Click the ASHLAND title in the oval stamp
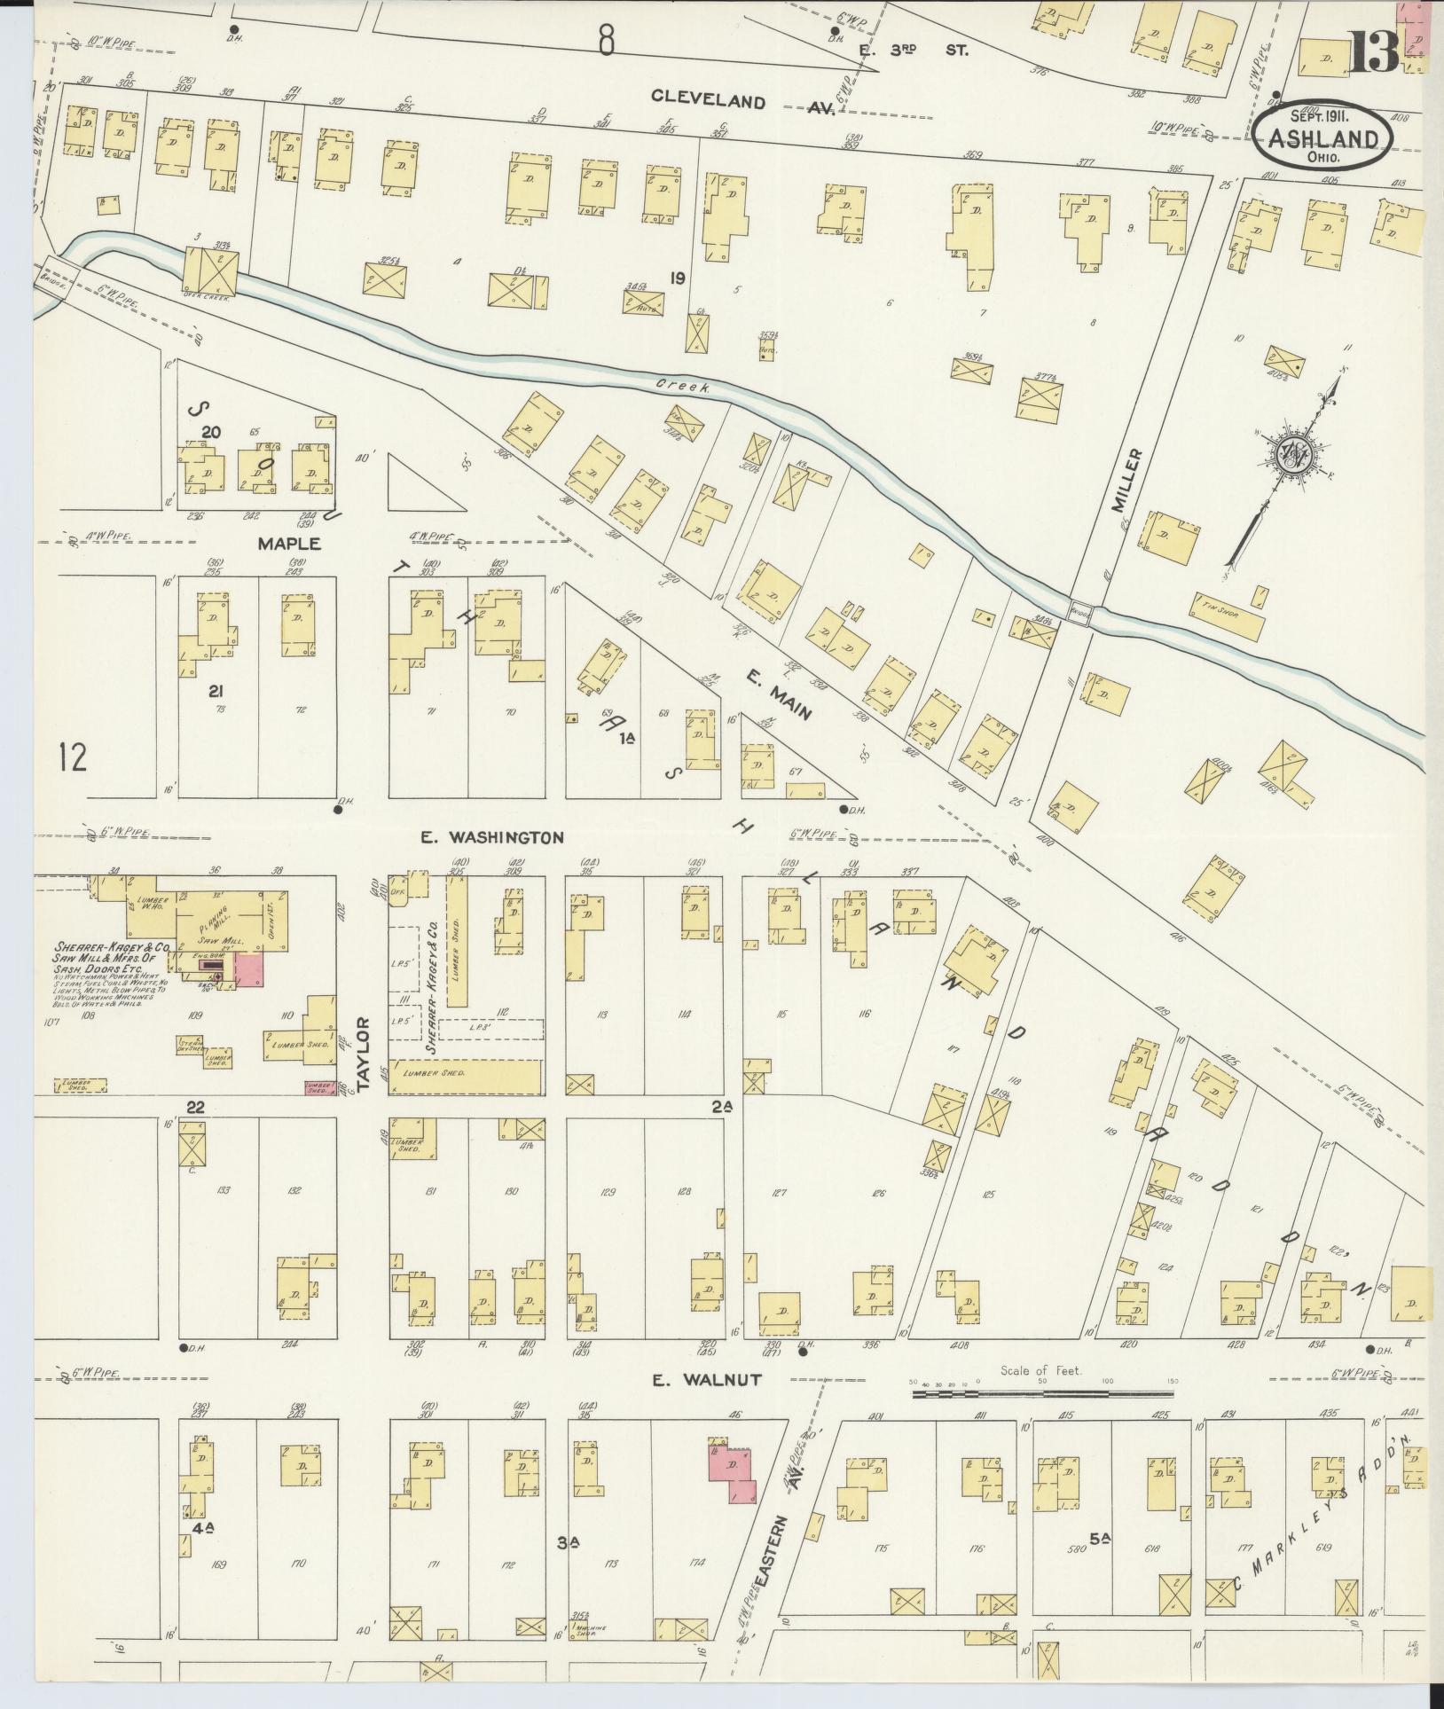[x=1323, y=139]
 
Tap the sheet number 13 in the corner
[x=1374, y=53]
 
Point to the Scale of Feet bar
[x=1043, y=1395]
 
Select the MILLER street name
[x=1125, y=480]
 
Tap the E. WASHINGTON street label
[x=493, y=837]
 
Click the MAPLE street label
[x=290, y=544]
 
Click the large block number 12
[x=74, y=758]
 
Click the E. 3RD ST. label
[x=914, y=51]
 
